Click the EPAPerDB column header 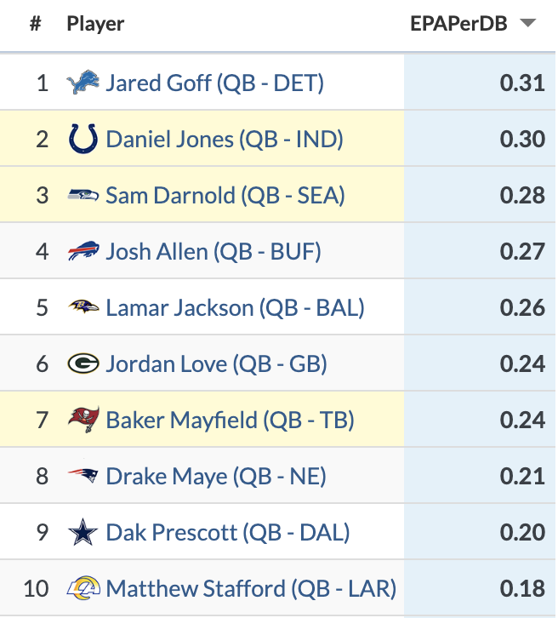point(458,24)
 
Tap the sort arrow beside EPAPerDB point(528,24)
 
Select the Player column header point(95,24)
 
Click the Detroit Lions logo point(83,83)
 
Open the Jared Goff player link point(214,83)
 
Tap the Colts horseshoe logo point(83,139)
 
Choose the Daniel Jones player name point(225,139)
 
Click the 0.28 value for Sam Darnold point(522,195)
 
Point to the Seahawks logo point(83,195)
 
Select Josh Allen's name point(214,251)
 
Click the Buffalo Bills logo point(83,251)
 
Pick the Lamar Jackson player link point(235,307)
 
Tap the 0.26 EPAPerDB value point(522,307)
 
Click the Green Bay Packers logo point(83,363)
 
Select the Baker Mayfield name point(230,420)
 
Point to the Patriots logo point(83,476)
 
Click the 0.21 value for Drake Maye point(522,476)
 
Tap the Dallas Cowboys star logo point(83,532)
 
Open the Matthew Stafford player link point(251,588)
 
